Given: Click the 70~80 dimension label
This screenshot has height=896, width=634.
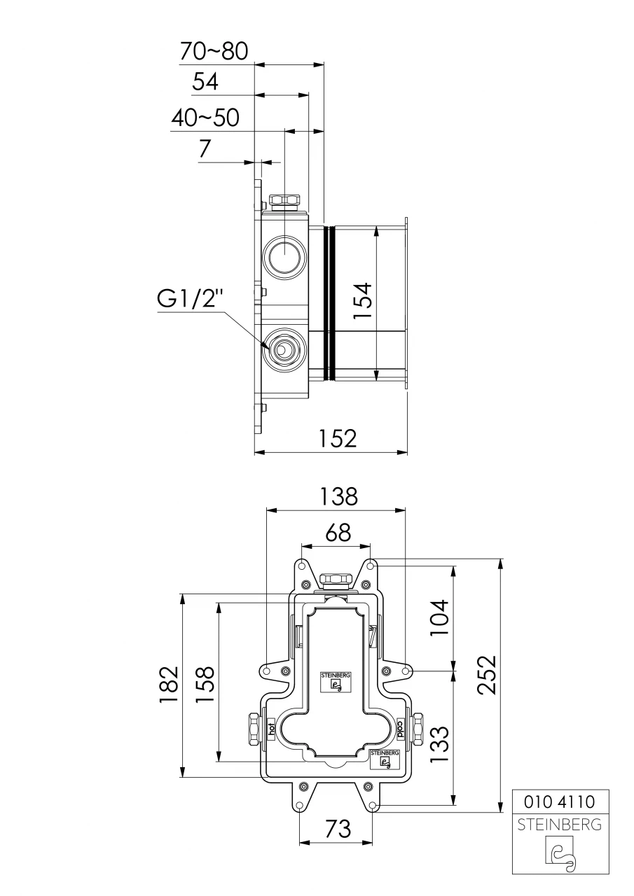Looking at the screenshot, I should [x=214, y=51].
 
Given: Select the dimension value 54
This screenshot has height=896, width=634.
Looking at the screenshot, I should [x=205, y=83].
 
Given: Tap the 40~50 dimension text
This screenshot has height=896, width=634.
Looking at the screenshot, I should [x=205, y=118].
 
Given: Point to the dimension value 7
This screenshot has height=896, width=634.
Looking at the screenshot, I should [x=205, y=149].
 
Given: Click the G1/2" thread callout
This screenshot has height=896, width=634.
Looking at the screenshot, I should [x=190, y=300].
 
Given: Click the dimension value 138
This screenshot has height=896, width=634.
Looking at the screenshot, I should [x=338, y=496].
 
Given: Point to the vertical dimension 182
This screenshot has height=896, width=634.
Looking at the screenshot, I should [x=169, y=684].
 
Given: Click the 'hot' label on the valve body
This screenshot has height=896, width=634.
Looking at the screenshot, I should [x=270, y=729].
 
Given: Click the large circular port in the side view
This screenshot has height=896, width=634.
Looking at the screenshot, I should [x=284, y=256].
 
